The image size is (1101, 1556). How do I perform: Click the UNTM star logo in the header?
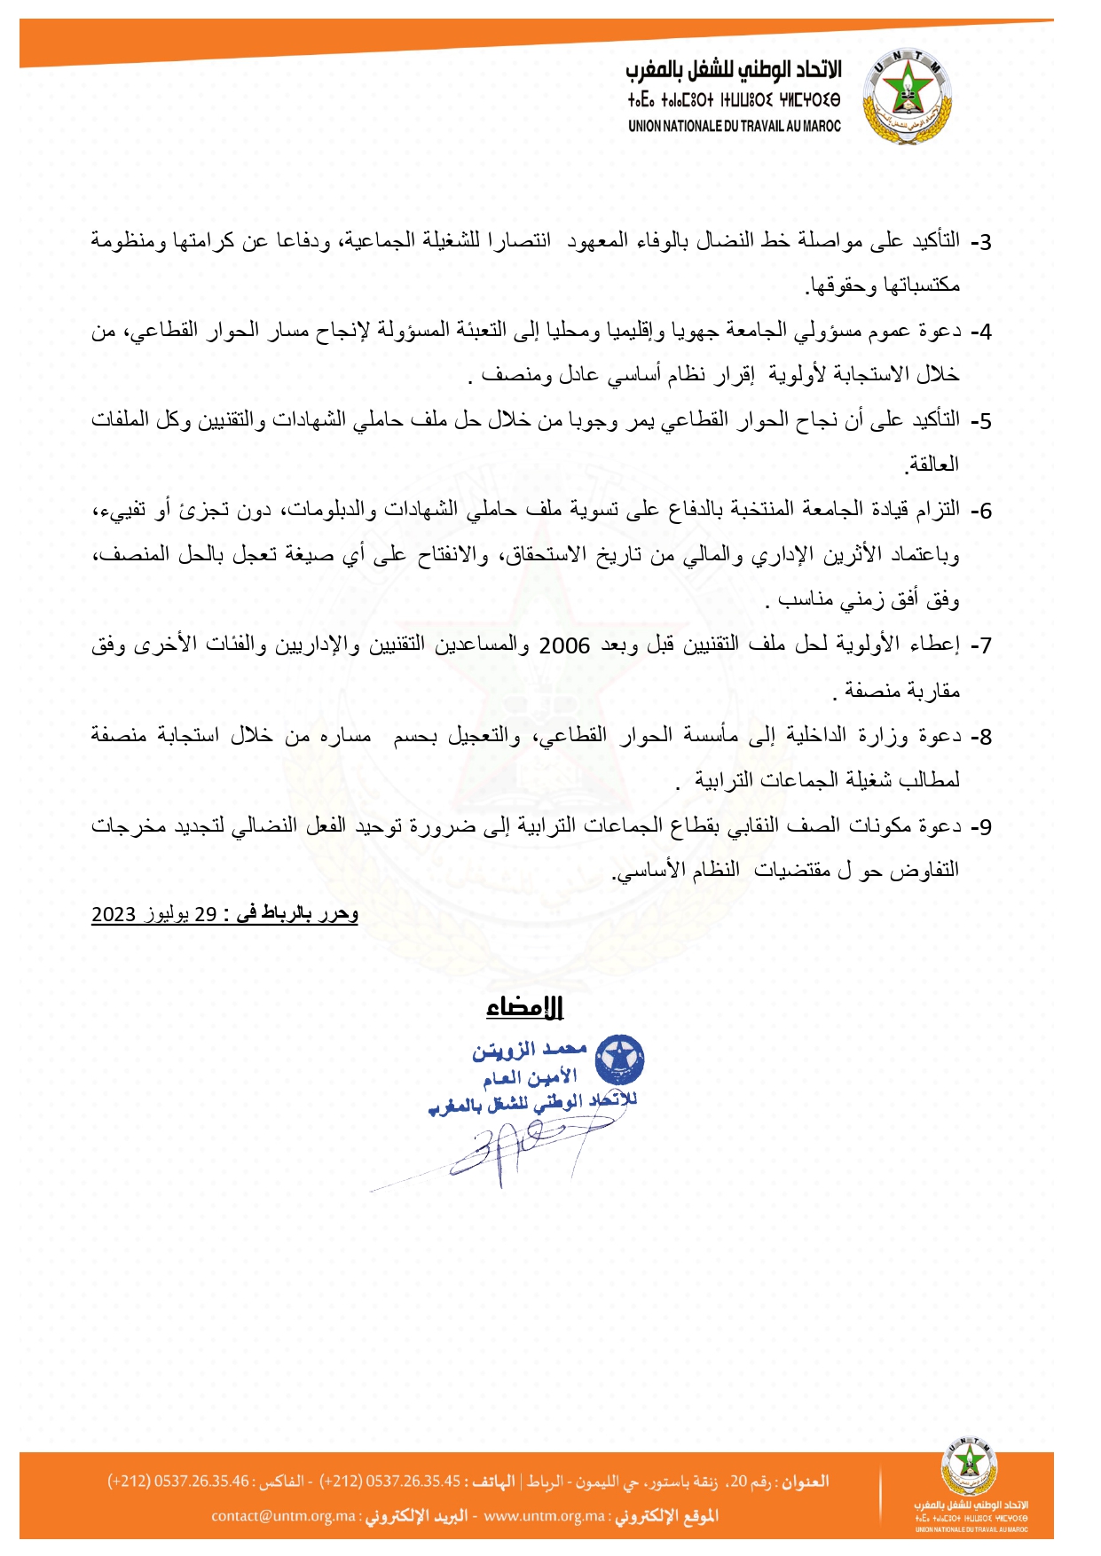906,96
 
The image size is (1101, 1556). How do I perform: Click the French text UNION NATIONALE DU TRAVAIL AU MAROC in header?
734,126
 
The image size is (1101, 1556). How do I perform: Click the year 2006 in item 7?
564,646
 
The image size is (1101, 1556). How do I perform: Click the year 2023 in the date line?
114,915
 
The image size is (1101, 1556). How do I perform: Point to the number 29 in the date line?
206,915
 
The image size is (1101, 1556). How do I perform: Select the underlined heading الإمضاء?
525,1007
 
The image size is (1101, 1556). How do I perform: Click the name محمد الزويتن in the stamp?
530,1051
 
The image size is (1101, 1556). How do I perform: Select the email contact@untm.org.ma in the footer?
283,1516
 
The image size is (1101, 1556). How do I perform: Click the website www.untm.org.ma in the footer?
545,1516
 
